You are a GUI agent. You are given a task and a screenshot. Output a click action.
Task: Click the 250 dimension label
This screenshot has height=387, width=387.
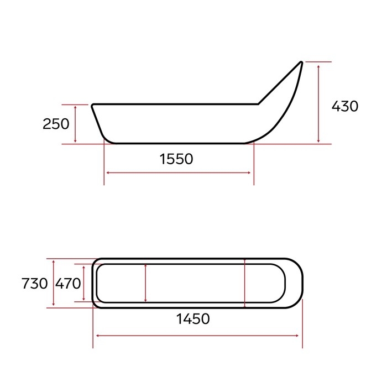[56, 124]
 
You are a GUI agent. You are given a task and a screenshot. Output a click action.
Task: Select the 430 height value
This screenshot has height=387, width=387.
[345, 106]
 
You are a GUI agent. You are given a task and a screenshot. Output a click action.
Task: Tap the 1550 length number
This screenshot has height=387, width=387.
[176, 159]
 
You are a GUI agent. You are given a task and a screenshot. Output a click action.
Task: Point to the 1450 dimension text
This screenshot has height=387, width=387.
[193, 319]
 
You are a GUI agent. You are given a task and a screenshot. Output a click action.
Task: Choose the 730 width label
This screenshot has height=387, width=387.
[34, 284]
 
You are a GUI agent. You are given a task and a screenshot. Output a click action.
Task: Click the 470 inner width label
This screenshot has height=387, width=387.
[68, 284]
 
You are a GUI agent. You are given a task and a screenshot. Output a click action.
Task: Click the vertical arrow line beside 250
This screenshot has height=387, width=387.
[75, 124]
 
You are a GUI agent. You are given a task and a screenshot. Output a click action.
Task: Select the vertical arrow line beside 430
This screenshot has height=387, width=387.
[319, 103]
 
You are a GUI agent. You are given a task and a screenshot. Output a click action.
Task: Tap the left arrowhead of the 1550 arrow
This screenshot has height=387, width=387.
[107, 173]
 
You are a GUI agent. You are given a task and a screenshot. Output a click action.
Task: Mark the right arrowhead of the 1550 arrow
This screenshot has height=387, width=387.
[251, 173]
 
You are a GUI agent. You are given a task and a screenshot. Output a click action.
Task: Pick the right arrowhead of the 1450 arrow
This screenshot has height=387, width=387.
[300, 335]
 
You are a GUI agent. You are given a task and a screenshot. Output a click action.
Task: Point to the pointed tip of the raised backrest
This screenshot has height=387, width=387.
[302, 62]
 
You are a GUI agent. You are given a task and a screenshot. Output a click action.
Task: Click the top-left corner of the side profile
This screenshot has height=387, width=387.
[92, 104]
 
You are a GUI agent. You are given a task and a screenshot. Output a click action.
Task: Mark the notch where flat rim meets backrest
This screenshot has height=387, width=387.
[258, 103]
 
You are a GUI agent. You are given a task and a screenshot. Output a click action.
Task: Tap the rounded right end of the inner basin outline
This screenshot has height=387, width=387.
[285, 283]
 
